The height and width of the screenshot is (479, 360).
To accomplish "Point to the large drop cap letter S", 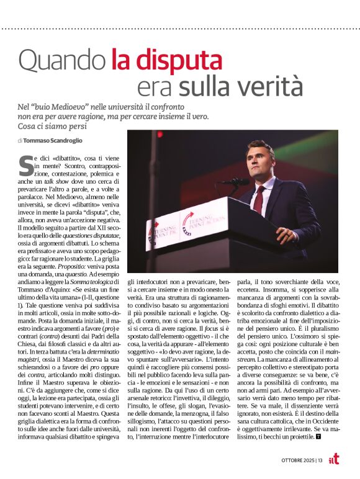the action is point(26,165).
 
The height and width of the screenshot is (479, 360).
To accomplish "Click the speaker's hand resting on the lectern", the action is point(284,234).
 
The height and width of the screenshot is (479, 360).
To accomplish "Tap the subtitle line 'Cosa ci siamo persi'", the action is point(50,127).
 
